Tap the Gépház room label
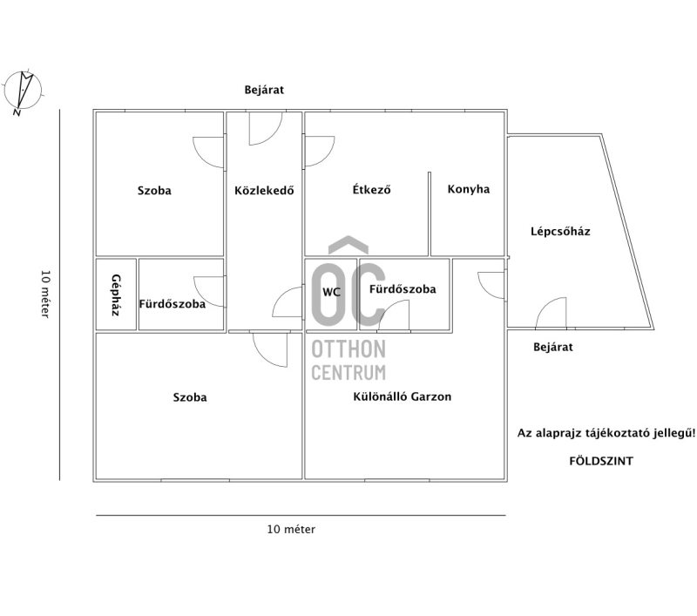tap(116, 294)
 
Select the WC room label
tap(331, 292)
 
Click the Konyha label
tap(469, 189)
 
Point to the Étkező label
tap(372, 189)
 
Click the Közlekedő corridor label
tap(264, 190)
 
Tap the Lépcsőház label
tap(560, 231)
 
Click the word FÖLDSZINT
tap(601, 461)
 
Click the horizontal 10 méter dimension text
tap(291, 530)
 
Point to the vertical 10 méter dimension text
tap(45, 294)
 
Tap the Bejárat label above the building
tap(264, 90)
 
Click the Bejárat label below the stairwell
tap(553, 347)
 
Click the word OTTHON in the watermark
tap(348, 349)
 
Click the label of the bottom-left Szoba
tap(190, 397)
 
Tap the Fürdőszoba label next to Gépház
tap(172, 304)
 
